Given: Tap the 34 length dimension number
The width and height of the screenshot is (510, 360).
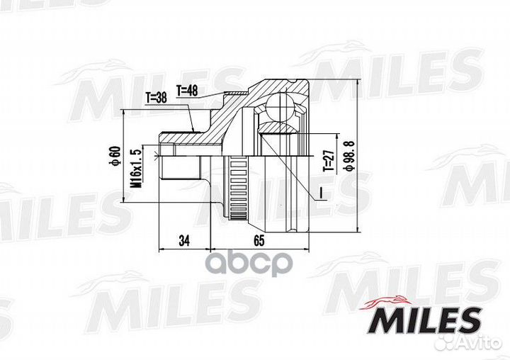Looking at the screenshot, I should pyautogui.click(x=184, y=241).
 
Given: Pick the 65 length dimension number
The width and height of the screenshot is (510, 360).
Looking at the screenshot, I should pyautogui.click(x=259, y=241).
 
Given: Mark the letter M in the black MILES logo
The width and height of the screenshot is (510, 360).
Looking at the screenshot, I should pyautogui.click(x=380, y=320).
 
